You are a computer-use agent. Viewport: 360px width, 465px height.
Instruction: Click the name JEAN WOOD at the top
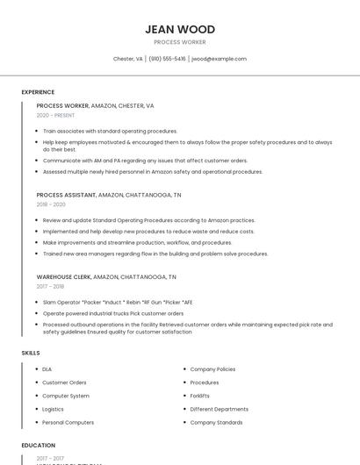pyautogui.click(x=180, y=29)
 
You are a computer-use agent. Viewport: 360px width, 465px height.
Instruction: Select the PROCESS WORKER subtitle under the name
pyautogui.click(x=180, y=42)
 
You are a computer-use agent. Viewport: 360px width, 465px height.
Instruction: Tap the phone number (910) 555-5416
pyautogui.click(x=167, y=59)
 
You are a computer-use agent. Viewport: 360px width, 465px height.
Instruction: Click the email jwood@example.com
pyautogui.click(x=219, y=59)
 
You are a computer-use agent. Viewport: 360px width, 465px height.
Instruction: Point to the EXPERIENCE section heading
pyautogui.click(x=38, y=92)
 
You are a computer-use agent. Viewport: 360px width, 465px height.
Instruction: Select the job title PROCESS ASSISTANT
pyautogui.click(x=66, y=195)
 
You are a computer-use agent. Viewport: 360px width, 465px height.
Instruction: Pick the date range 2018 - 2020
pyautogui.click(x=51, y=204)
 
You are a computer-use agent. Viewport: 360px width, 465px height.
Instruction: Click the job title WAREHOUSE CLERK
pyautogui.click(x=63, y=276)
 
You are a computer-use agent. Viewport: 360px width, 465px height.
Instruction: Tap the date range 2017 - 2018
pyautogui.click(x=50, y=286)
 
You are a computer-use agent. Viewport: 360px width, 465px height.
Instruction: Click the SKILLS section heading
pyautogui.click(x=30, y=353)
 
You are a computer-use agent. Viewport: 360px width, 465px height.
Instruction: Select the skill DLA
pyautogui.click(x=47, y=369)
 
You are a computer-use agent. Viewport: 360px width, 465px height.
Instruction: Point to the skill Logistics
pyautogui.click(x=53, y=409)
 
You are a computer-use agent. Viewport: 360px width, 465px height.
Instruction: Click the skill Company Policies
pyautogui.click(x=212, y=369)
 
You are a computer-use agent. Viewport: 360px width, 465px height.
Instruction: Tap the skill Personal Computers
pyautogui.click(x=68, y=422)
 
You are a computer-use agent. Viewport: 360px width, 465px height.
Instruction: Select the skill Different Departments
pyautogui.click(x=219, y=409)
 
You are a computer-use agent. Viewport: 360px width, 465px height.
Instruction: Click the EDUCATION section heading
pyautogui.click(x=38, y=446)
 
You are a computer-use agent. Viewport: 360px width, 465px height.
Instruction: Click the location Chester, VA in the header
pyautogui.click(x=128, y=59)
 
